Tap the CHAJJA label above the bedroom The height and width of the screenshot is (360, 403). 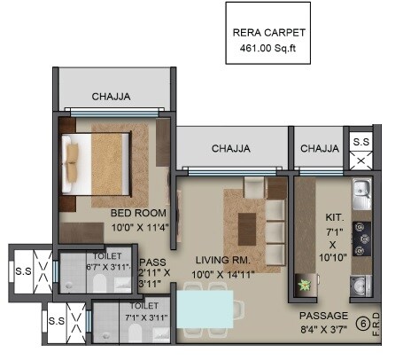pyautogui.click(x=113, y=97)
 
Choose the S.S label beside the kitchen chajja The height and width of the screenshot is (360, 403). pyautogui.click(x=361, y=142)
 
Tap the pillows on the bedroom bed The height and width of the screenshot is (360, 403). pyautogui.click(x=73, y=160)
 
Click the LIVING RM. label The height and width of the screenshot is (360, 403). pyautogui.click(x=223, y=260)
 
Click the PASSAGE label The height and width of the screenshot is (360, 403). pyautogui.click(x=323, y=316)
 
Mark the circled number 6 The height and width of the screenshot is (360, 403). pyautogui.click(x=361, y=325)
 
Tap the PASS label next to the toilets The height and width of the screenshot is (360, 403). pyautogui.click(x=152, y=262)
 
